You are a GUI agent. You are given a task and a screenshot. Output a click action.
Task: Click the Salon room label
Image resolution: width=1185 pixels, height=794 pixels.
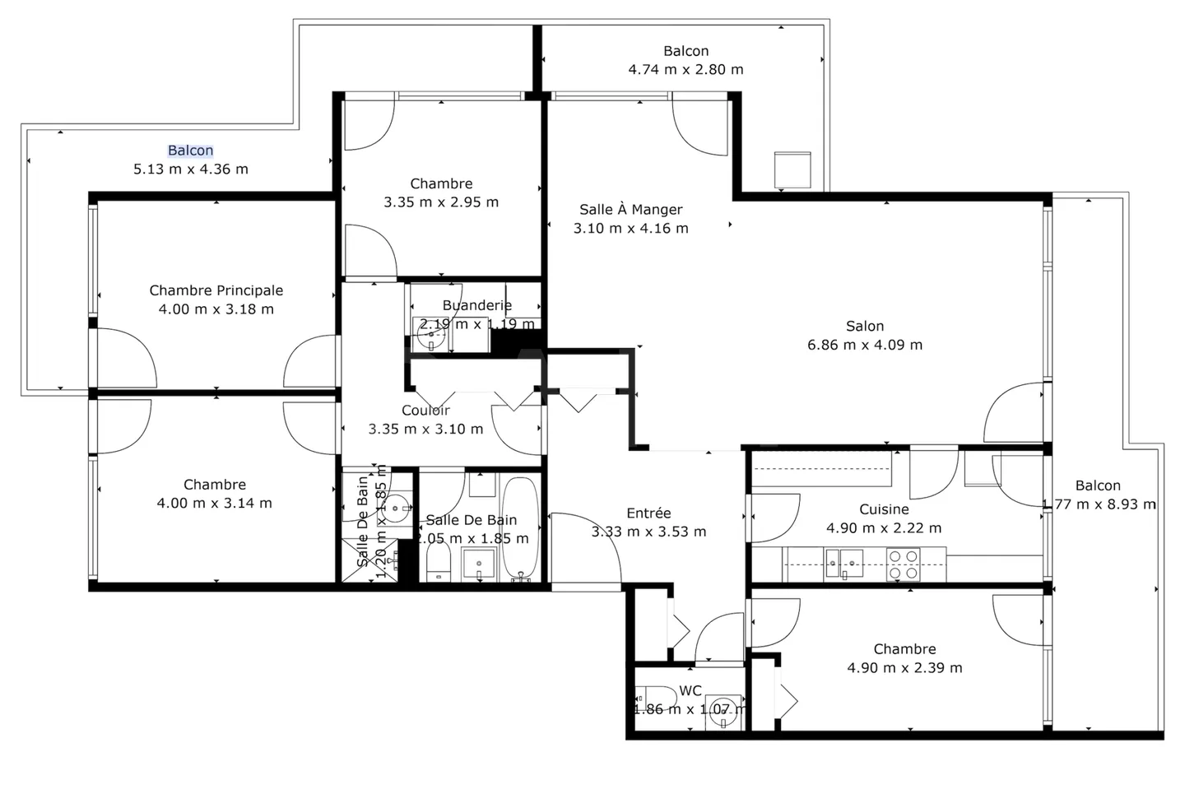[x=865, y=327]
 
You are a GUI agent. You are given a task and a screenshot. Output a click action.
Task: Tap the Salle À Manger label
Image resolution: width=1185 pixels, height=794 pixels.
[x=630, y=210]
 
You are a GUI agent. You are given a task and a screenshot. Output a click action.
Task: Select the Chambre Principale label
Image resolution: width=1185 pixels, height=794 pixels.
[x=216, y=290]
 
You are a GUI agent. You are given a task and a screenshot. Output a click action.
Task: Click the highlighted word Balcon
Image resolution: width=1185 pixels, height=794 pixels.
[x=190, y=151]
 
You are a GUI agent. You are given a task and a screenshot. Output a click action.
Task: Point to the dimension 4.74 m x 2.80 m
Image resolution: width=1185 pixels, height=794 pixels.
[x=685, y=70]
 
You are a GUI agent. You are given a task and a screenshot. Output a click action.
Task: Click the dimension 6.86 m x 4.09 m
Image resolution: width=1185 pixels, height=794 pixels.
[x=865, y=346]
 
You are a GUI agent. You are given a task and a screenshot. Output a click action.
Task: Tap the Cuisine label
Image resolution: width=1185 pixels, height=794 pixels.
[x=884, y=509]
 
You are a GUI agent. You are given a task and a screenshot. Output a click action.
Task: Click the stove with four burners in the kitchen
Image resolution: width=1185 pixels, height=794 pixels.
[x=903, y=564]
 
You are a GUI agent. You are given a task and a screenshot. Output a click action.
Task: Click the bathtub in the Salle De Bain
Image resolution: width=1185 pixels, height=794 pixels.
[x=520, y=528]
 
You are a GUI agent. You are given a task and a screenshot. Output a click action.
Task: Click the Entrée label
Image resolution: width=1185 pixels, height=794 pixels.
[x=648, y=513]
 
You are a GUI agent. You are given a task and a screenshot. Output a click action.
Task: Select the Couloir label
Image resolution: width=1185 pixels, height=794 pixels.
[x=425, y=411]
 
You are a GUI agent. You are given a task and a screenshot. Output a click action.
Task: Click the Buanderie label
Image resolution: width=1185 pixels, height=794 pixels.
[x=476, y=305]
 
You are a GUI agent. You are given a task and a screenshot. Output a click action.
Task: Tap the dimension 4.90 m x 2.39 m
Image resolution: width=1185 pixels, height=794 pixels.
[x=904, y=668]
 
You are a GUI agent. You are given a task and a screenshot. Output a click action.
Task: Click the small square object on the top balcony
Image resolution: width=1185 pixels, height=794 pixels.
[x=792, y=169]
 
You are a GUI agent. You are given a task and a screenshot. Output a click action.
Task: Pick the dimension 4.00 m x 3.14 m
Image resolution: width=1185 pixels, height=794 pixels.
[x=214, y=504]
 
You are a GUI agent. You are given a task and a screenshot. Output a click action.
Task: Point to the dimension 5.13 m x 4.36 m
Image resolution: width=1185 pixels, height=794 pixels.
[x=190, y=169]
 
